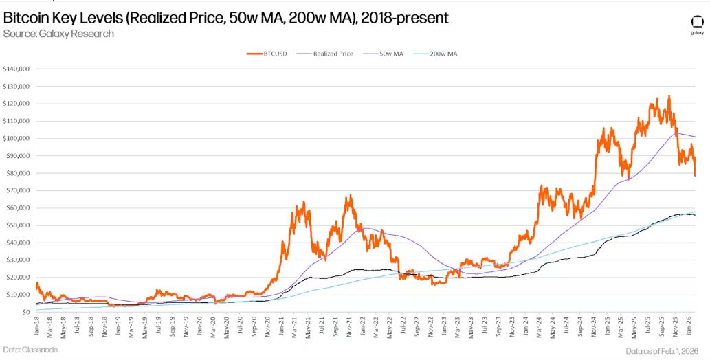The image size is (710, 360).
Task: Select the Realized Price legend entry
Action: click(333, 53)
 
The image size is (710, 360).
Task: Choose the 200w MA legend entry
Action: click(442, 53)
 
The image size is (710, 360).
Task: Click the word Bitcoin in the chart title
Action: click(25, 17)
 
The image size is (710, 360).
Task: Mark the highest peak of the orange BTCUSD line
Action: click(668, 96)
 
